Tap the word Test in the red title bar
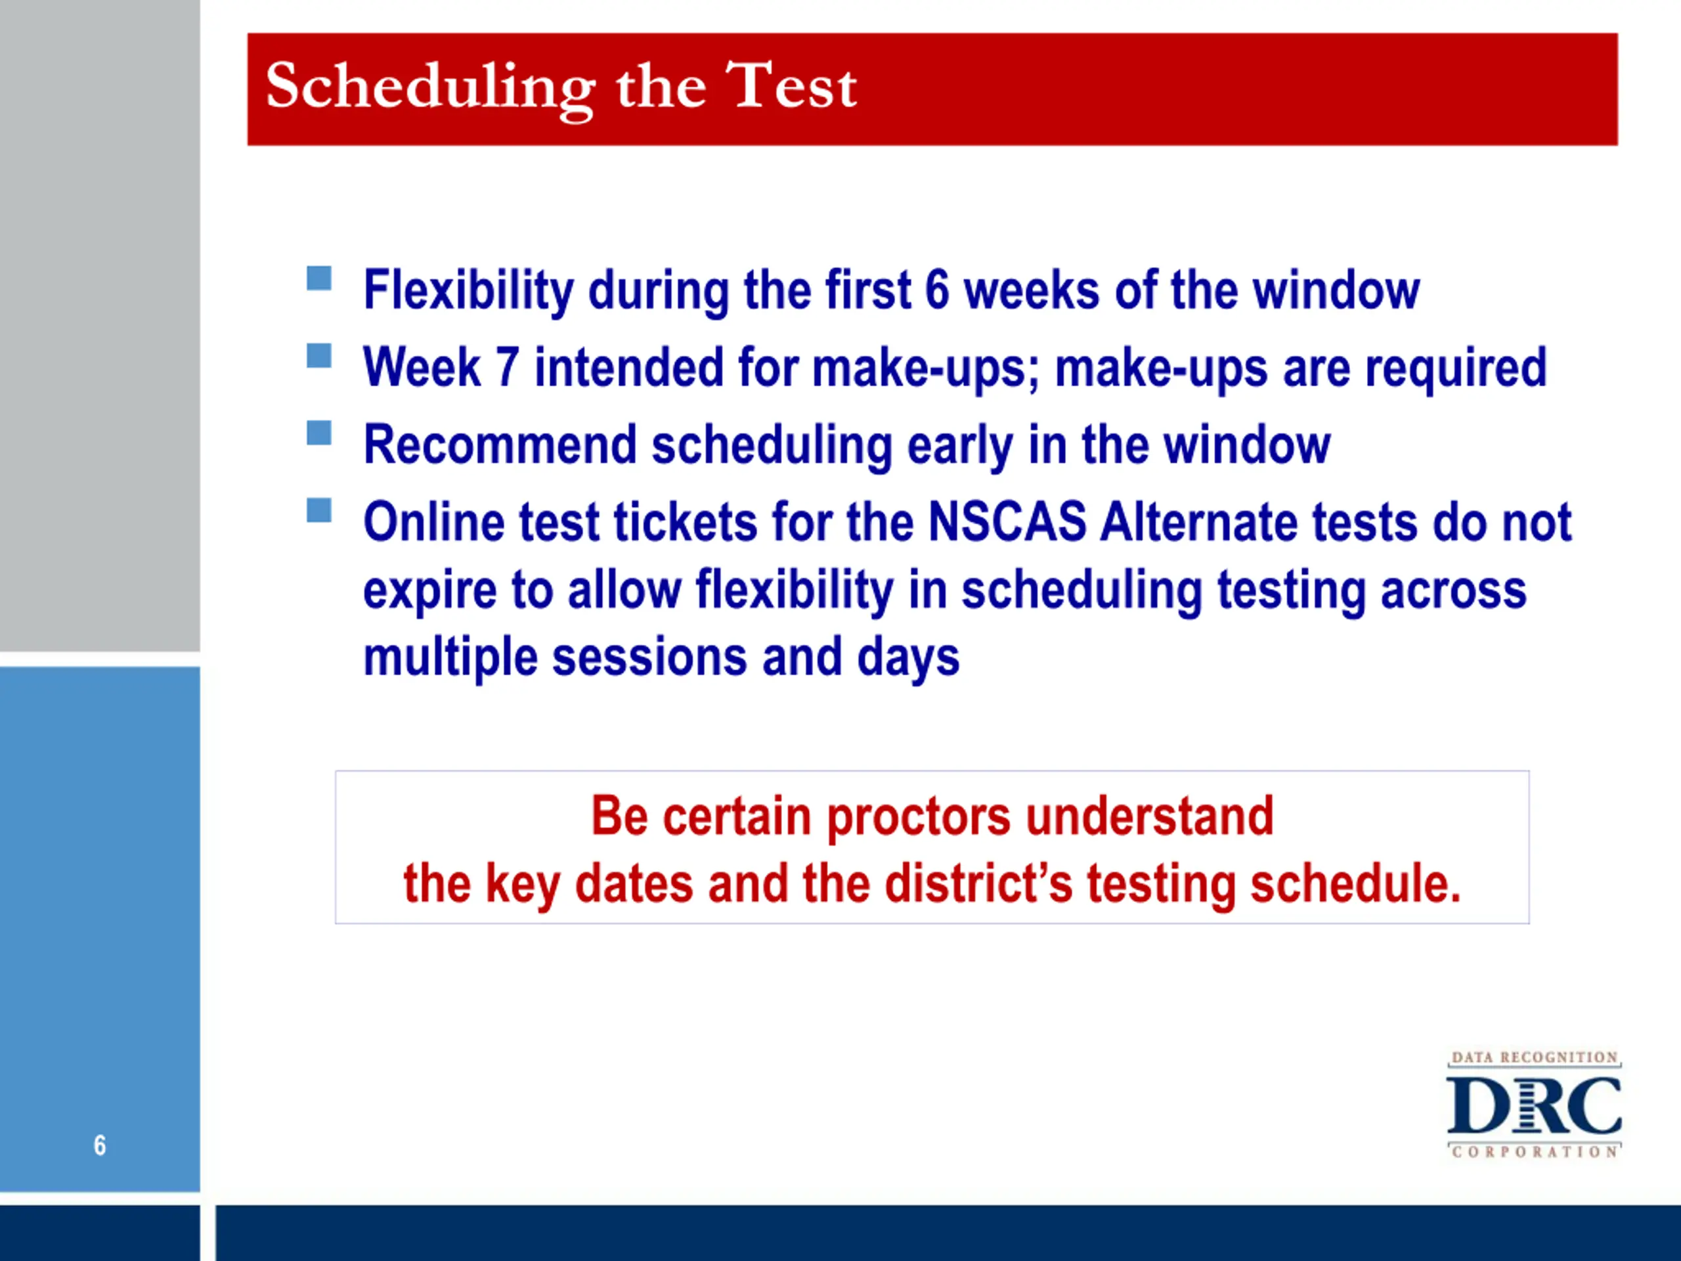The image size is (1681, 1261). [x=791, y=85]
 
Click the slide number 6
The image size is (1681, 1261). [x=100, y=1145]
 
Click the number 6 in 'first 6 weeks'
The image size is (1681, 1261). [x=937, y=290]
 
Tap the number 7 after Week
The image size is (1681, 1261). [x=507, y=367]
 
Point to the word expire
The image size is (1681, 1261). [x=430, y=592]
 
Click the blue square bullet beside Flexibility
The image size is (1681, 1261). [x=319, y=278]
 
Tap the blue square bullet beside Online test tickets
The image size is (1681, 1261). [x=319, y=510]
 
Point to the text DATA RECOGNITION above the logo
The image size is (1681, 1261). [x=1535, y=1057]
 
